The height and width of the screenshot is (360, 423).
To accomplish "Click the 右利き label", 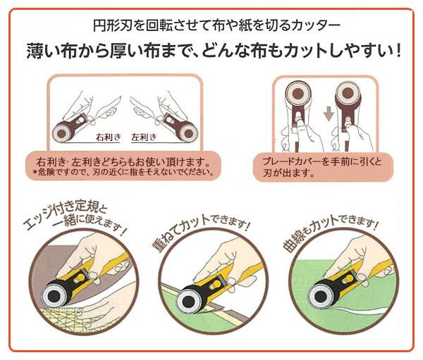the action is pos(108,137).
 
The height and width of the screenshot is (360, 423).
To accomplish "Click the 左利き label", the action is pos(144,137).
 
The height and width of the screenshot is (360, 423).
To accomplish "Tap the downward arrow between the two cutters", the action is pos(329,113).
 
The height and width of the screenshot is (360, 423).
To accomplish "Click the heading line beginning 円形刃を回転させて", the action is pos(216,25).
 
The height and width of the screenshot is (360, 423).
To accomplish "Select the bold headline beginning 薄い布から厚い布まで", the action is pos(214,51).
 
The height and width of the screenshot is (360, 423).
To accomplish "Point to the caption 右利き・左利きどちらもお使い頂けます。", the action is pos(123,162).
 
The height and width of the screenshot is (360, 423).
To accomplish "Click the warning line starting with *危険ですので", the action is pos(123,172).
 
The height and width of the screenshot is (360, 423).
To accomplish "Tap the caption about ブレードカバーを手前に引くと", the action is pos(323,167).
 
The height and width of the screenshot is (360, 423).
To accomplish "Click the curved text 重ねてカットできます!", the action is pos(200,229).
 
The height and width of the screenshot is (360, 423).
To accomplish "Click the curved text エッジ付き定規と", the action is pos(65,216).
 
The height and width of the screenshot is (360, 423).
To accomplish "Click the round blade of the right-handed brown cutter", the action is pos(62,132).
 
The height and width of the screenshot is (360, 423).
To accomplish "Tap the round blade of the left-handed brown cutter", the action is pos(188,132).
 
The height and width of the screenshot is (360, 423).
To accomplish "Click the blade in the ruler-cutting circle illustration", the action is pos(54,296).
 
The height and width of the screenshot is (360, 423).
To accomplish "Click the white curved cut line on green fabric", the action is pos(359,311).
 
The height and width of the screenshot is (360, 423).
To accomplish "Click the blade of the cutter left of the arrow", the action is pos(298,94).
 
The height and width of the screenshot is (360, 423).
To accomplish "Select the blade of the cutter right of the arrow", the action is pos(348,94).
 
